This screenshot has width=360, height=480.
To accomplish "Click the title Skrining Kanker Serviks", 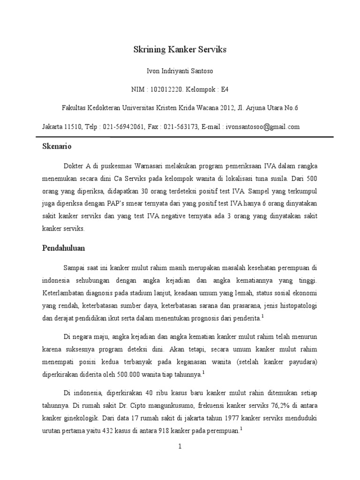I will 180,50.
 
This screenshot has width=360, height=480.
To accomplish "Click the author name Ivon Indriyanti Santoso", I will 180,71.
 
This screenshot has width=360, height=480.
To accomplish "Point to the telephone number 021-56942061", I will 117,127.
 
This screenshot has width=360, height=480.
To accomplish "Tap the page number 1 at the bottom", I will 180,447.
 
